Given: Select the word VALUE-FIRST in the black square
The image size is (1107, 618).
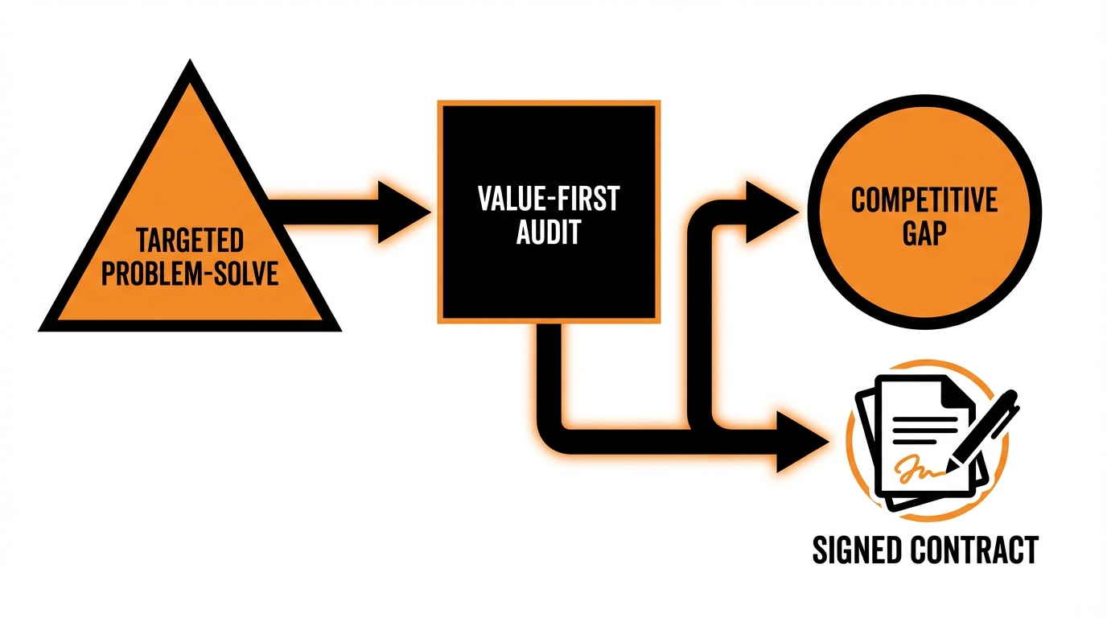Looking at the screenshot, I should [x=549, y=199].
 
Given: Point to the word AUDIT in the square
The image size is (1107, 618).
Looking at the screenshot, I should [x=549, y=233].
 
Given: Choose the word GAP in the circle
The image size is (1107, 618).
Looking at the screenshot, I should [x=924, y=236].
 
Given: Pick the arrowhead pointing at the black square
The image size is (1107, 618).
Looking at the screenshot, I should [x=402, y=212].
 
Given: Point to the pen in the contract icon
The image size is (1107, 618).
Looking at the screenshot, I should [x=985, y=430].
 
